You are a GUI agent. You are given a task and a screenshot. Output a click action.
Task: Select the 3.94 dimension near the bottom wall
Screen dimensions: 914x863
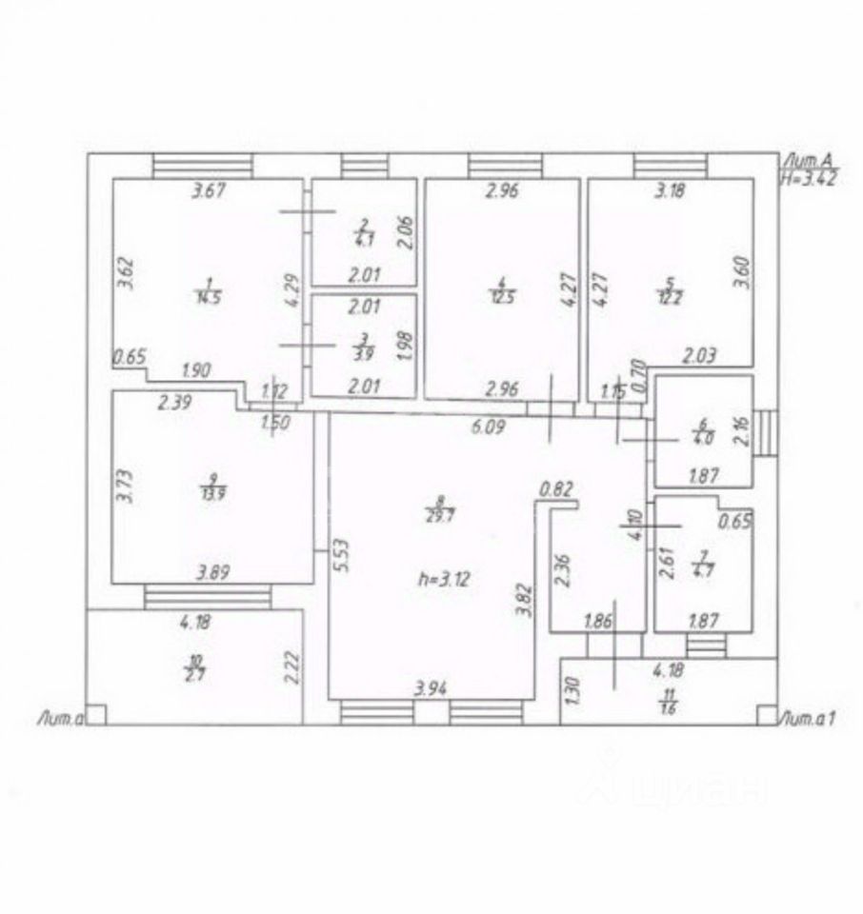tap(432, 685)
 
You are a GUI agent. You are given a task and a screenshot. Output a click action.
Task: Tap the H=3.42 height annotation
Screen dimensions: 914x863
tap(807, 178)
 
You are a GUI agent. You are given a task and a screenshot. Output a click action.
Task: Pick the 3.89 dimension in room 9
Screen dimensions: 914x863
tap(215, 572)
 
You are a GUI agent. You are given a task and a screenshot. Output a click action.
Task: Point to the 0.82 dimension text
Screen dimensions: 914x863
tap(555, 489)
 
